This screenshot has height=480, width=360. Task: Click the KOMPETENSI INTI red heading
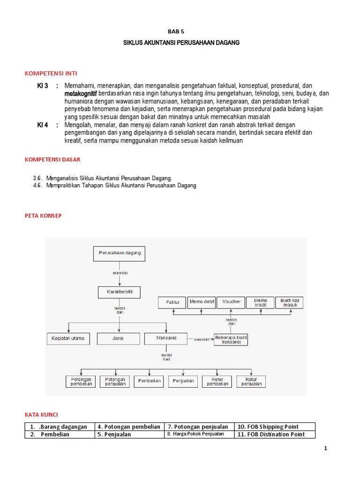[x=51, y=74]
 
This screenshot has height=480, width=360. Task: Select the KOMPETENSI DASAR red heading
[x=52, y=159]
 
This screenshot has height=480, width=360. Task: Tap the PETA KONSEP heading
[x=43, y=216]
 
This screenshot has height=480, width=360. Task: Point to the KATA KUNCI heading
[x=41, y=415]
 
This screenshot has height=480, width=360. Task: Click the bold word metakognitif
[x=81, y=94]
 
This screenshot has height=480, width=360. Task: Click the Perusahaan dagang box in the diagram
[x=120, y=254]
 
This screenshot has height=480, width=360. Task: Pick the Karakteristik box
[x=119, y=292]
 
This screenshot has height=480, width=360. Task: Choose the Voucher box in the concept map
[x=232, y=302]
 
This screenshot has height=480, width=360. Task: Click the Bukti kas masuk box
[x=290, y=302]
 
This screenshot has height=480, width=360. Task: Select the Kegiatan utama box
[x=68, y=338]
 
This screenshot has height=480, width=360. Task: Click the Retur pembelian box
[x=217, y=381]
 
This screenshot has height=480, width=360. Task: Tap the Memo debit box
[x=202, y=302]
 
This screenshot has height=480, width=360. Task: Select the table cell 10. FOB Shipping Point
[x=274, y=427]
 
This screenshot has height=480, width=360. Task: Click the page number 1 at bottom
[x=325, y=448]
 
